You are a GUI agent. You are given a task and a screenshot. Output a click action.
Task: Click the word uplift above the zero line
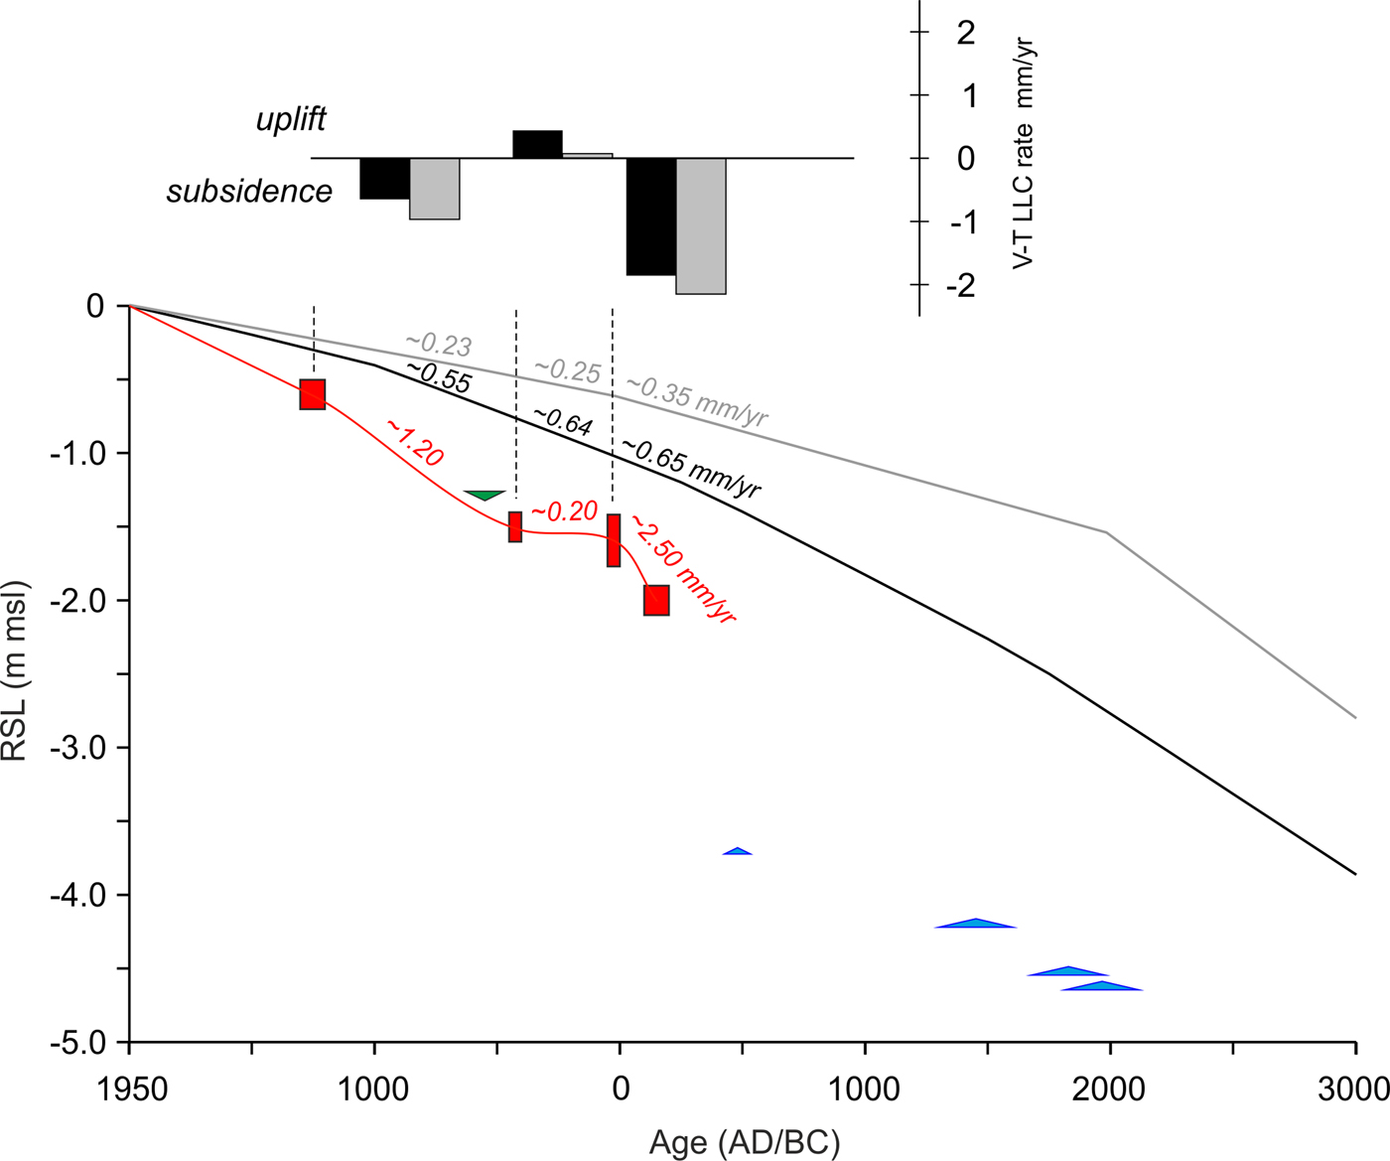(x=291, y=120)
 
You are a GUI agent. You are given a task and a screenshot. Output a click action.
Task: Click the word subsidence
(x=249, y=191)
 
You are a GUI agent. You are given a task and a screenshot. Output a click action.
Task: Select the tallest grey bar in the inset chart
(x=701, y=225)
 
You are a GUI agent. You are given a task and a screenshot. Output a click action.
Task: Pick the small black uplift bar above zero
(x=537, y=144)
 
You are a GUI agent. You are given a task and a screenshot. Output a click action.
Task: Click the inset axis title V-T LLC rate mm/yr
(x=1023, y=154)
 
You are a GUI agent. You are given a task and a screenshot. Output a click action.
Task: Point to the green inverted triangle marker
(x=485, y=495)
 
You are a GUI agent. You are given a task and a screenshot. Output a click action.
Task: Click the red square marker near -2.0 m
(x=656, y=600)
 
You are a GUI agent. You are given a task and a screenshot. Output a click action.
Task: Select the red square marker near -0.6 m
(x=313, y=394)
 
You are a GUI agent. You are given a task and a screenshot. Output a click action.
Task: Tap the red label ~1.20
(x=414, y=443)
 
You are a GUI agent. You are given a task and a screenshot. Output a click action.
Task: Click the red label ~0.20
(x=564, y=511)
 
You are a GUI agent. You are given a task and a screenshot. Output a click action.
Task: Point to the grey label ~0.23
(x=438, y=344)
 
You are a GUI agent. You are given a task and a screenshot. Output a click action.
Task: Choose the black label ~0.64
(x=562, y=421)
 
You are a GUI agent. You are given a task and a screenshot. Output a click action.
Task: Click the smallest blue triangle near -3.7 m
(x=737, y=851)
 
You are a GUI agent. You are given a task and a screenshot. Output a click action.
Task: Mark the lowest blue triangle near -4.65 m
(x=1101, y=986)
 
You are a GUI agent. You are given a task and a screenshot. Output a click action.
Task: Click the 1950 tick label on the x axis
(x=129, y=1089)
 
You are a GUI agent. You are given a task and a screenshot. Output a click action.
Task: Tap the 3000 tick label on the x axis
(x=1354, y=1089)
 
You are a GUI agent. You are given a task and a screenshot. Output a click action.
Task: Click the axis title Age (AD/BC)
(x=744, y=1142)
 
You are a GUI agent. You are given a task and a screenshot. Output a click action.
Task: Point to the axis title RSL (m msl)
(x=16, y=672)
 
